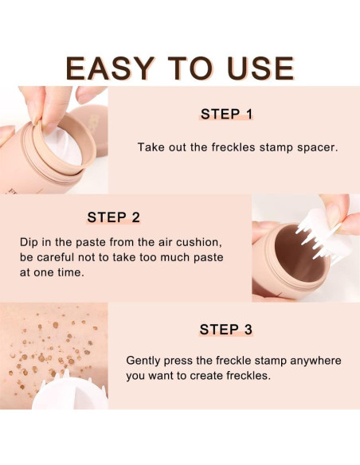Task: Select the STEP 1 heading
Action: coord(226,114)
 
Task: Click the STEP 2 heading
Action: coord(113,217)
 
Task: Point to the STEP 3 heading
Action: coord(226,329)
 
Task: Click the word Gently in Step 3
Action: coord(145,360)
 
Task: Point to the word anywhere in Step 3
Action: coord(310,360)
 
